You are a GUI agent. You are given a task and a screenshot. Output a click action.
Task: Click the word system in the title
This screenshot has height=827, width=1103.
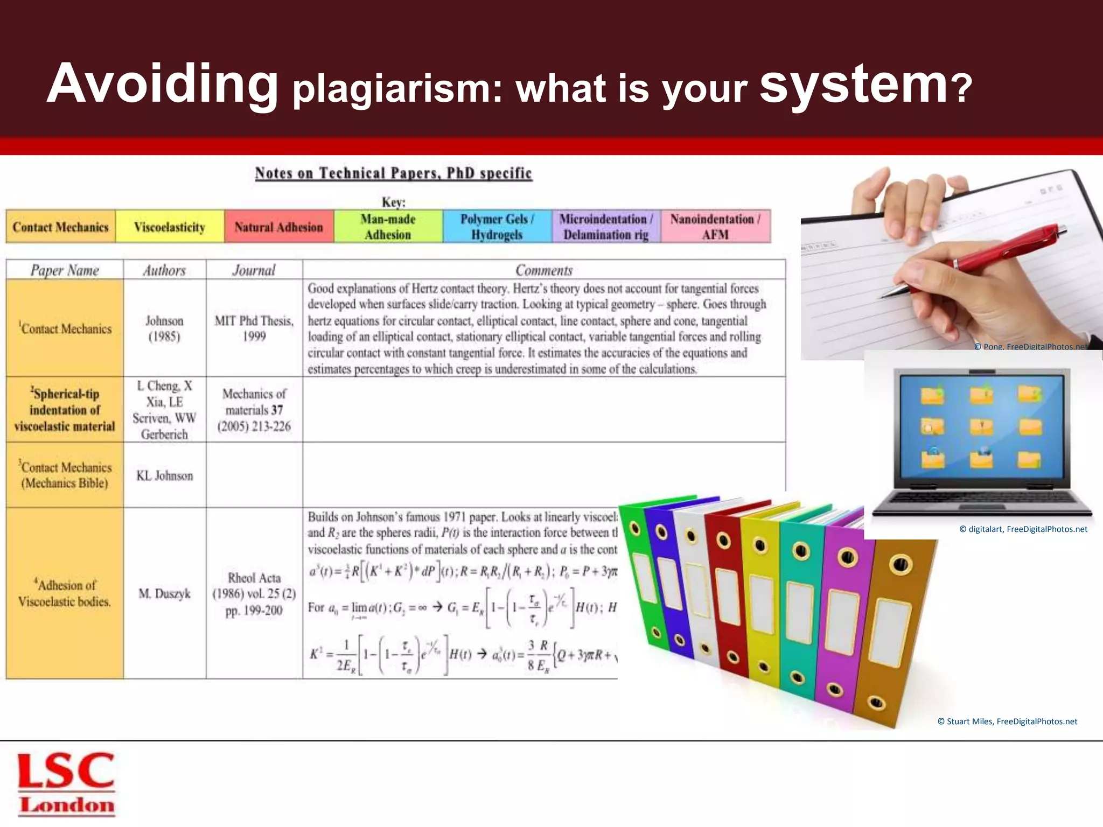[x=854, y=83]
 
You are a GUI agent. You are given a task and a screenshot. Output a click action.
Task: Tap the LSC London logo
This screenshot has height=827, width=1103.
[x=66, y=783]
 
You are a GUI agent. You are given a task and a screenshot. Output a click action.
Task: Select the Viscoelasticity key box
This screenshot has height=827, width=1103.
[x=170, y=227]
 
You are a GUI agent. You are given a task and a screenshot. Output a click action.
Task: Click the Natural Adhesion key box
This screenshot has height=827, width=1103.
[x=278, y=227]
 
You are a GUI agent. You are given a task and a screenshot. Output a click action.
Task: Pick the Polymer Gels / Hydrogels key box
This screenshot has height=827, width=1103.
[x=497, y=227]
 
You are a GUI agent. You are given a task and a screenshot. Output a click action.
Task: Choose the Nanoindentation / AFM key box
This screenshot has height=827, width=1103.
[x=715, y=227]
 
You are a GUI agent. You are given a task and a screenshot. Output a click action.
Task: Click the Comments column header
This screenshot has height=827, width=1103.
[x=543, y=270]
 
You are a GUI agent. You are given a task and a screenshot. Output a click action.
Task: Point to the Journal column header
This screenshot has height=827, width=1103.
[x=254, y=270]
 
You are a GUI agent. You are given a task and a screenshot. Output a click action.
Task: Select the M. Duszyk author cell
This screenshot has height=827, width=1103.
[x=164, y=593]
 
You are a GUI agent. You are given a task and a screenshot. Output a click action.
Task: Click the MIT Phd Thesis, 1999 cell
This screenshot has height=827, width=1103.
[x=254, y=328]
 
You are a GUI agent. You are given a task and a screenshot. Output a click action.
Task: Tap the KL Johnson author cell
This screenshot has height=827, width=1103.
[x=164, y=475]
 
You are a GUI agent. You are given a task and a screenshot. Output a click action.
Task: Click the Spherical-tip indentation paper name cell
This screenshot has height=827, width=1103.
[x=65, y=410]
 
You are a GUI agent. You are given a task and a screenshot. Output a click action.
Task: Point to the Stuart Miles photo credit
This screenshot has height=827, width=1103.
[x=1007, y=721]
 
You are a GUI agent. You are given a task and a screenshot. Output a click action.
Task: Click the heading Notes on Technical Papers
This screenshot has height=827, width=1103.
[x=393, y=173]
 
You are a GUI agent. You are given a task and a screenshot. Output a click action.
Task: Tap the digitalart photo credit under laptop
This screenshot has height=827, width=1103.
[x=1023, y=529]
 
